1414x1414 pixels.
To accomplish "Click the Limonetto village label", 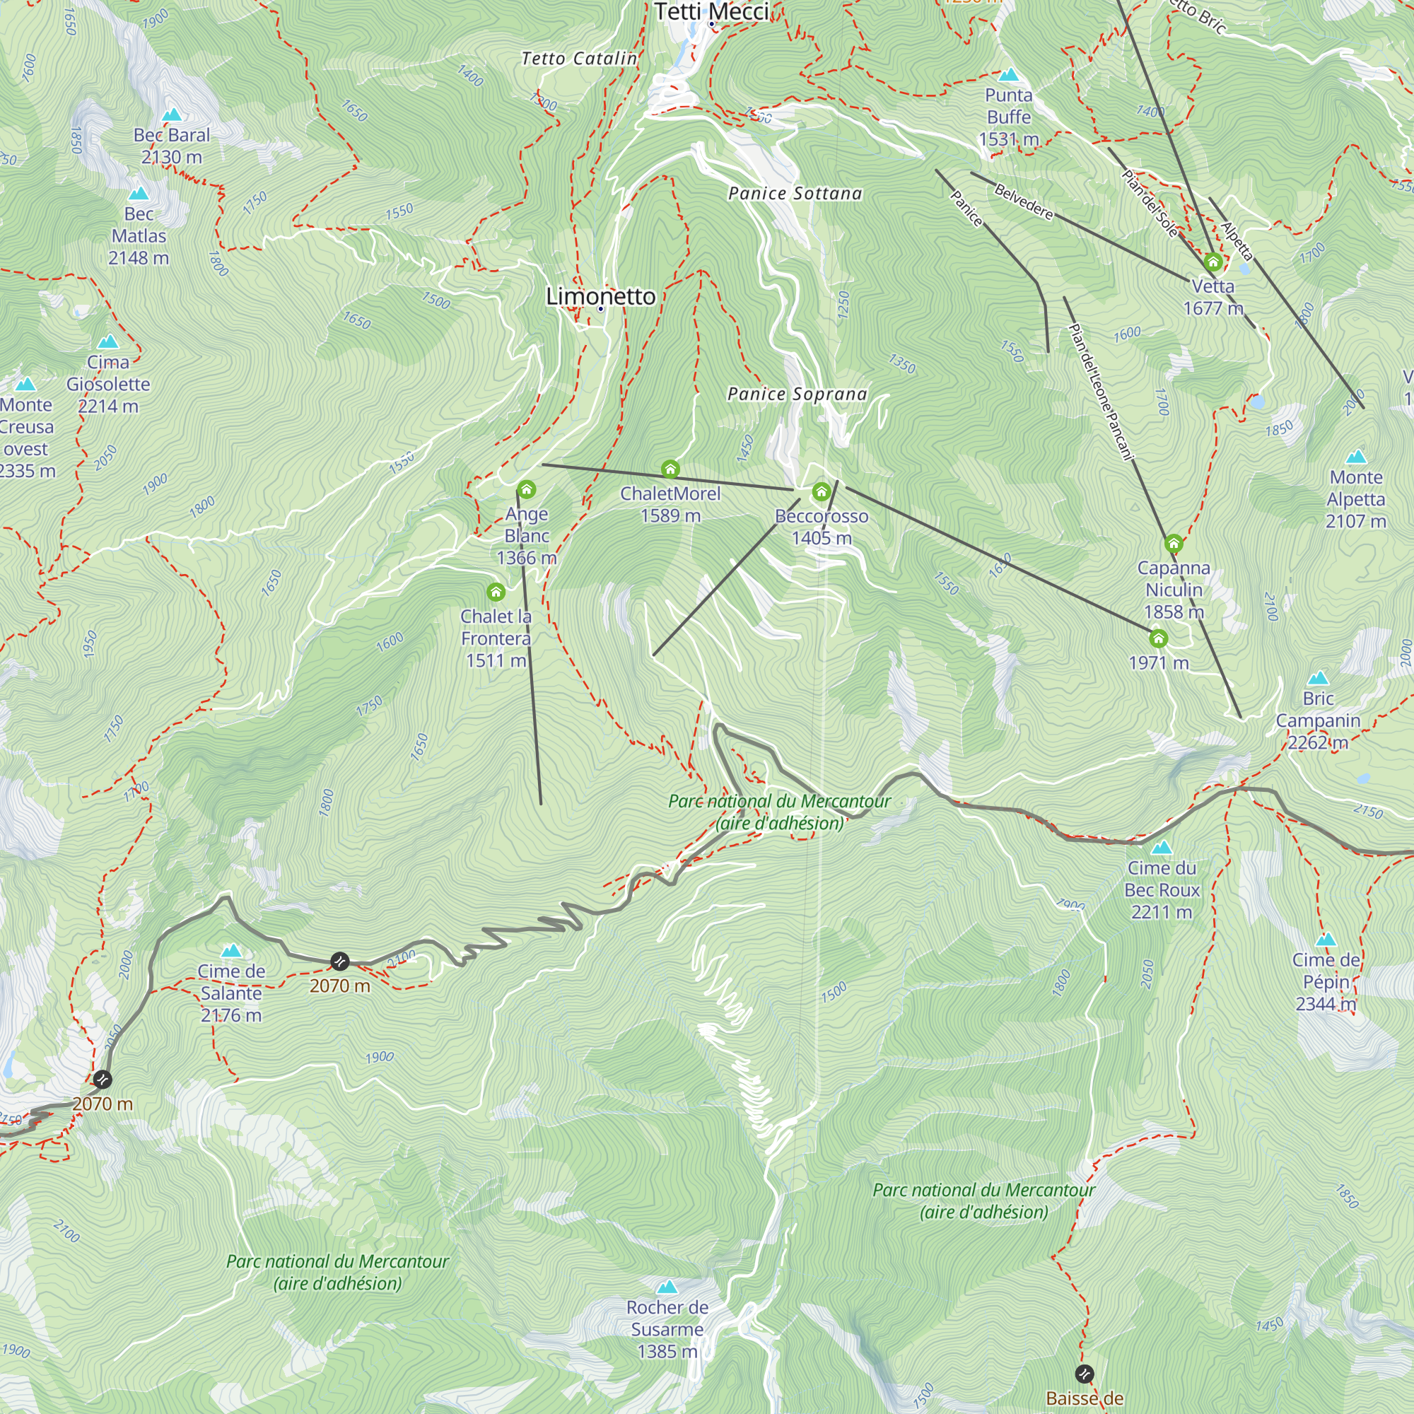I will (x=601, y=296).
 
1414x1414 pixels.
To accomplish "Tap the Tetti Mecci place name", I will (x=711, y=12).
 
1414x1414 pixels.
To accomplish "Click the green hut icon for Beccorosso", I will (x=821, y=491).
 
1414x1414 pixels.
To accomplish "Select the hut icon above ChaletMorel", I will (x=670, y=469).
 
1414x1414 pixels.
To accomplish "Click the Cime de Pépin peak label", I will (x=1326, y=981).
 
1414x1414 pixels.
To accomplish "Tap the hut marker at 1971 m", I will (x=1158, y=639).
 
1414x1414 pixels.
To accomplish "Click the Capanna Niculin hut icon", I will (x=1173, y=543).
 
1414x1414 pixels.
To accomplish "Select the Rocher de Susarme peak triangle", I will (x=667, y=1287).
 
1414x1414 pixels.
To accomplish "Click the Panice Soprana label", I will (x=797, y=394).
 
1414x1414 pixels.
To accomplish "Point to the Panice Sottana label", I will (x=795, y=193).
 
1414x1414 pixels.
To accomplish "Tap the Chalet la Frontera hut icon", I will (x=496, y=591).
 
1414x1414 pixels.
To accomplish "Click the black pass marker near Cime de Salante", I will (x=339, y=961).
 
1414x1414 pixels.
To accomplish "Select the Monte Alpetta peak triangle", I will (x=1356, y=457).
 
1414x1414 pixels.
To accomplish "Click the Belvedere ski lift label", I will (x=1023, y=201).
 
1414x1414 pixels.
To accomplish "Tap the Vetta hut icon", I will (x=1213, y=262).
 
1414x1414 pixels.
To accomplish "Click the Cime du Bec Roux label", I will (x=1162, y=890).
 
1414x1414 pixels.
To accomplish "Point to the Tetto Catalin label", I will (x=579, y=59).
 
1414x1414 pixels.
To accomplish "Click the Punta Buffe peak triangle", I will (x=1009, y=75).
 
